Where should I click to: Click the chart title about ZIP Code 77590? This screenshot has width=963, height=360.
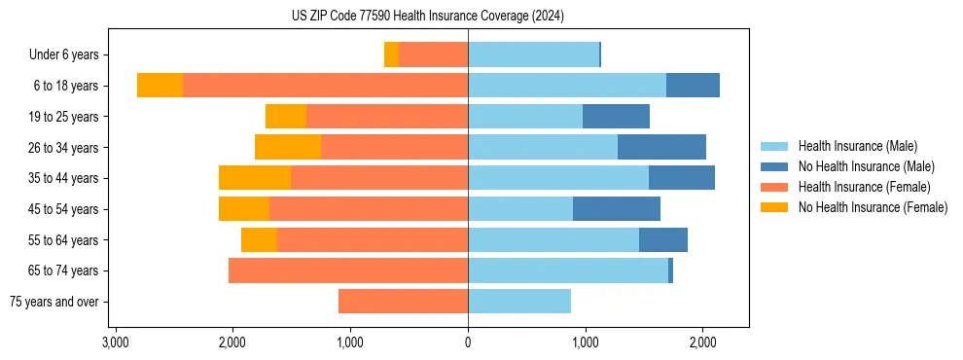427,17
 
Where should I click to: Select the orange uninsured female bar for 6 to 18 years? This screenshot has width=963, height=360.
160,86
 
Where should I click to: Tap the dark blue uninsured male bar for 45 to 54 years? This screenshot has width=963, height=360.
617,208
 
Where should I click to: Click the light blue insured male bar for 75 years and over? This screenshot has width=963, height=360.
519,302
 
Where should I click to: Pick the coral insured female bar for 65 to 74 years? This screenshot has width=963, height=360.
348,270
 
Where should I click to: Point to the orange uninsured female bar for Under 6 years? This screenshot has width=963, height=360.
391,54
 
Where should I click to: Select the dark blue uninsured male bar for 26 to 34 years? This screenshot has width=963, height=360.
661,147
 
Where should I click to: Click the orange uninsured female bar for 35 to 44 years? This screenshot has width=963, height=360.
255,178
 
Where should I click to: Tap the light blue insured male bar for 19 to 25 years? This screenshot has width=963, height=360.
525,117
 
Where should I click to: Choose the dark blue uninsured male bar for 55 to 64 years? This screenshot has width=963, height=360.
663,239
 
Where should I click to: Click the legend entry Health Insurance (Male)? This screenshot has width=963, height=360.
857,146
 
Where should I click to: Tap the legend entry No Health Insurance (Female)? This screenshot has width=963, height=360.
873,207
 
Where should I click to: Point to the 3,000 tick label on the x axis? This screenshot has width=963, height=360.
116,342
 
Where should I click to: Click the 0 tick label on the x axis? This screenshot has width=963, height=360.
468,342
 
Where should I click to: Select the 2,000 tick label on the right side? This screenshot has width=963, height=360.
702,342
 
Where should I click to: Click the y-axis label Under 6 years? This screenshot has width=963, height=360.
64,55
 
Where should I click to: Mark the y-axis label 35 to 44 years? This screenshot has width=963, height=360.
64,179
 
